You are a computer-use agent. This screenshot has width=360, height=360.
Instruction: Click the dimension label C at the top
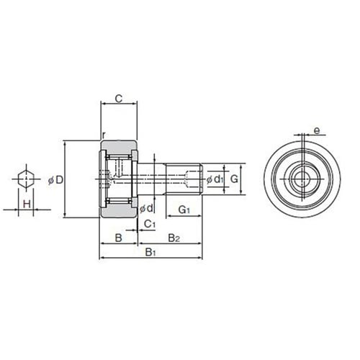(119, 99)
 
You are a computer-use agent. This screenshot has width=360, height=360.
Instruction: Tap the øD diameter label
(55, 180)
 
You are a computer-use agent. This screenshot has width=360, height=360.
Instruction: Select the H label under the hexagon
(27, 204)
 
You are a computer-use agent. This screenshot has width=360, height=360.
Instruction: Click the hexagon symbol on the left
(26, 179)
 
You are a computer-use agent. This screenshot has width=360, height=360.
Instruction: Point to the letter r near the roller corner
(104, 135)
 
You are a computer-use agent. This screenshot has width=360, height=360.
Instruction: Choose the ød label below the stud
(146, 208)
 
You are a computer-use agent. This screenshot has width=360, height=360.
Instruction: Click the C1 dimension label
(150, 224)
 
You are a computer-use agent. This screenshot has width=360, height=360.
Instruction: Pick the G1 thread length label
(184, 210)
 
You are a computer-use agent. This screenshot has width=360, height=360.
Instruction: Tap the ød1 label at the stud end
(215, 179)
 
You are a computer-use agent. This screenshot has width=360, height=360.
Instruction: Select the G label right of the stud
(234, 179)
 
